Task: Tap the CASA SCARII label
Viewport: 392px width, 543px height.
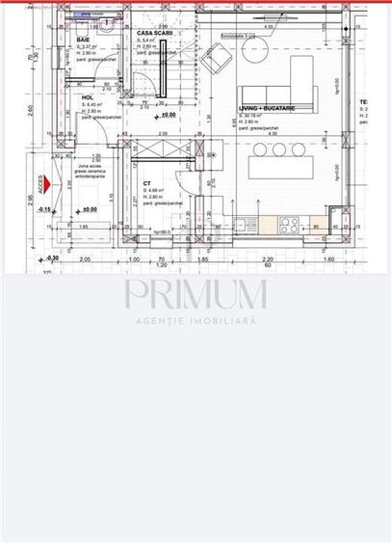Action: pyautogui.click(x=148, y=32)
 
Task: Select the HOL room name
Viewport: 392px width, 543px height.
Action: pyautogui.click(x=88, y=97)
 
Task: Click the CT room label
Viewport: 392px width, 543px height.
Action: pyautogui.click(x=146, y=182)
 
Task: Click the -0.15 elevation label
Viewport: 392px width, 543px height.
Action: pyautogui.click(x=45, y=208)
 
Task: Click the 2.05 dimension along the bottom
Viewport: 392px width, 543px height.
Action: pyautogui.click(x=84, y=259)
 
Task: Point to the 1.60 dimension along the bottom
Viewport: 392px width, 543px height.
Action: pyautogui.click(x=328, y=259)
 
